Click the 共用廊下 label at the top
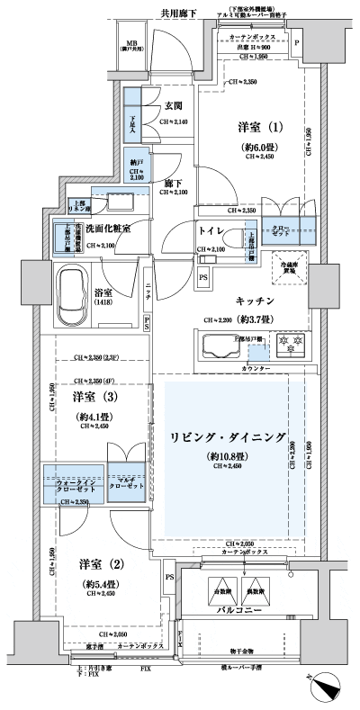[179, 15]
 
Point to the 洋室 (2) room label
[99, 564]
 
